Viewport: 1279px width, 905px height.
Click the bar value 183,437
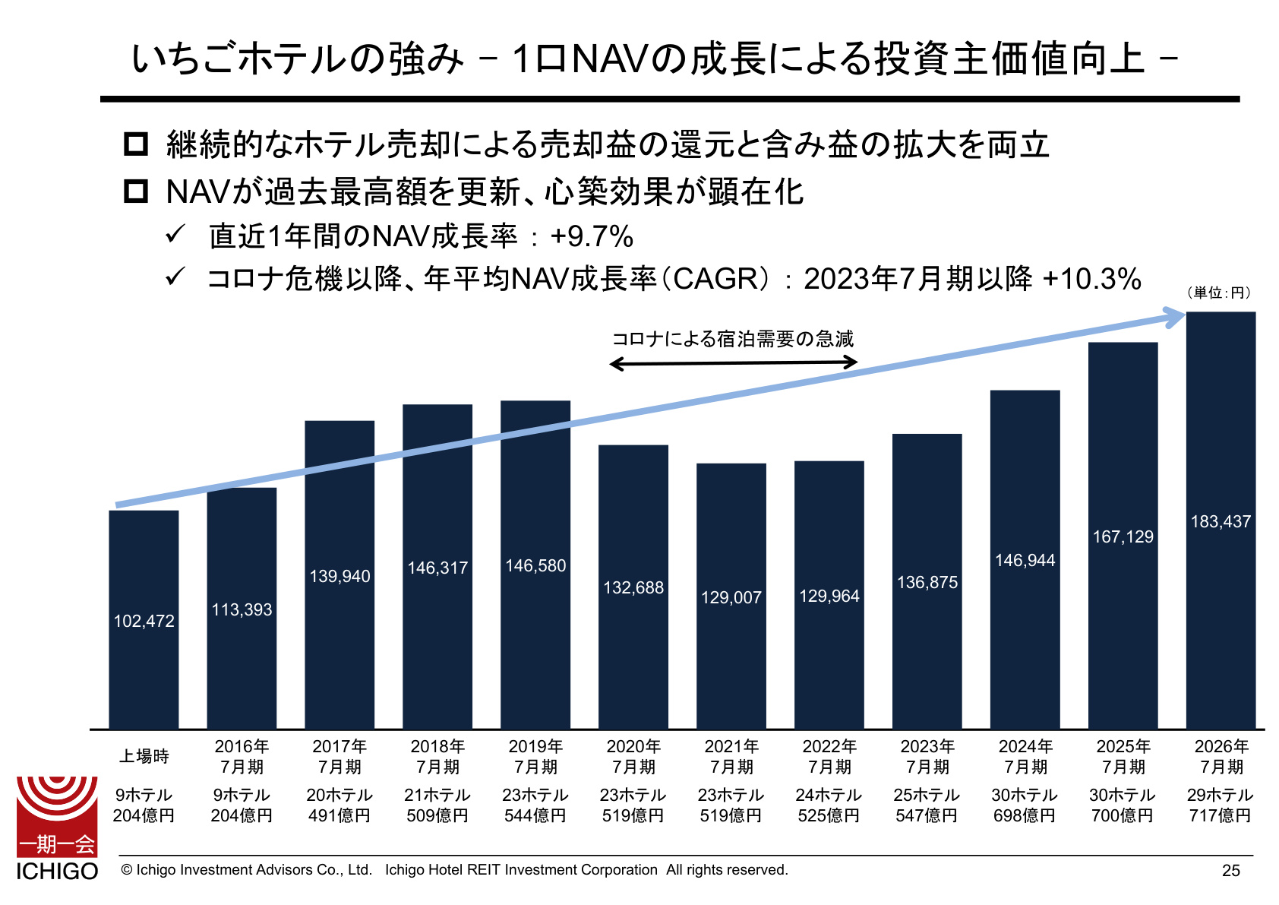1221,521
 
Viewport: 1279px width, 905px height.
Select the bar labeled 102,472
144,620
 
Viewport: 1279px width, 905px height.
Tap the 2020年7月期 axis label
633,757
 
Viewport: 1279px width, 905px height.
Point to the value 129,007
731,597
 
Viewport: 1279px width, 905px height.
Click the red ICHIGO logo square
57,816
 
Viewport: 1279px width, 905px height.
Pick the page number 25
1231,870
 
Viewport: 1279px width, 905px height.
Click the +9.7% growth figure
592,236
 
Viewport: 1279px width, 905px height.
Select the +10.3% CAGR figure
1091,280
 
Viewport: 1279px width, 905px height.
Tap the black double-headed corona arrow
734,362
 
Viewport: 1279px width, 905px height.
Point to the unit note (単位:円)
1219,293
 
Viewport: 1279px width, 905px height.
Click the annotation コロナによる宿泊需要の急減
733,339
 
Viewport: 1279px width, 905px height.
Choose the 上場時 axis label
144,756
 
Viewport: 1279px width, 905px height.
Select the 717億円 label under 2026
1221,815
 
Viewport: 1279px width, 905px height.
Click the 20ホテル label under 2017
339,795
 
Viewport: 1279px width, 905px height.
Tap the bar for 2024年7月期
1025,560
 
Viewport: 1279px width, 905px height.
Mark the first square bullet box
136,144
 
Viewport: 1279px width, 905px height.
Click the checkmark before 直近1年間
175,234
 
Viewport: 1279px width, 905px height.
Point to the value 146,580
535,565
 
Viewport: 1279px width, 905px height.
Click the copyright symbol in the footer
127,870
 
